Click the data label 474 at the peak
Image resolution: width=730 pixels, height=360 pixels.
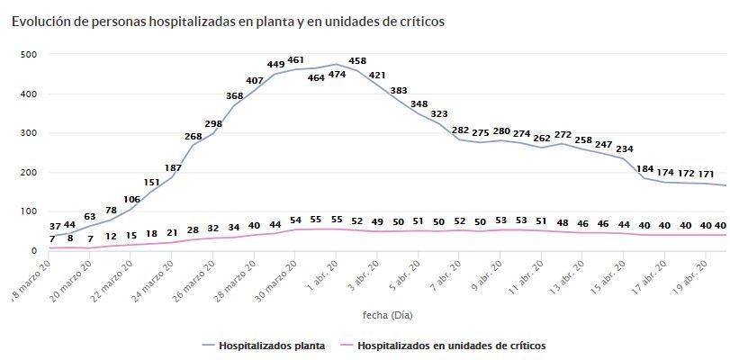338,75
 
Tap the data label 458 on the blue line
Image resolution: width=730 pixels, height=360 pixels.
357,61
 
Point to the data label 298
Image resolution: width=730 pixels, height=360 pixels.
213,123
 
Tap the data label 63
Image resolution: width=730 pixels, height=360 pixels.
90,216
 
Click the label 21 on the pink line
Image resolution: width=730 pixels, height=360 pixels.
172,232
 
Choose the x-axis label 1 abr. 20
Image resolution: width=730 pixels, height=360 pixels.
321,276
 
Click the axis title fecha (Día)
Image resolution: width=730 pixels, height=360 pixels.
387,315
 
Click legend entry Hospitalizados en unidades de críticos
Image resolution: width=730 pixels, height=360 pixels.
451,345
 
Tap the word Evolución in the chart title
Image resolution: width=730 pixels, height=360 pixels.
41,20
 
